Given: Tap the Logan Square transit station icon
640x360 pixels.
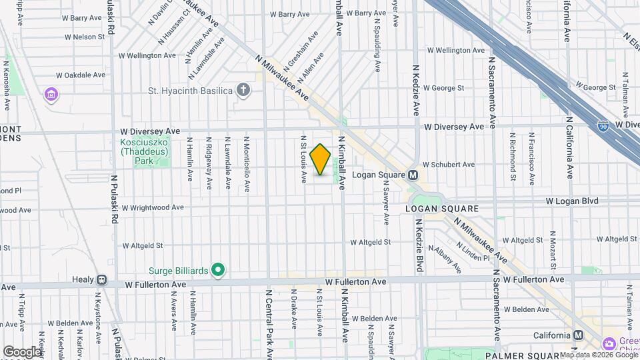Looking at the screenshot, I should point(413,175).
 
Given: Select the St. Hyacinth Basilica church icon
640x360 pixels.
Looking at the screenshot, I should point(244,90).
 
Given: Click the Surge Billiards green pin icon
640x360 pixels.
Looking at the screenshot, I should point(217,270).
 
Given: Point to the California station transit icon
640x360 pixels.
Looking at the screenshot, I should point(578,335).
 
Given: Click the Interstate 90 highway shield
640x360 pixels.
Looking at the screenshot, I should point(603,125).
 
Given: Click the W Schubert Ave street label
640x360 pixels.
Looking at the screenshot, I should point(449,164).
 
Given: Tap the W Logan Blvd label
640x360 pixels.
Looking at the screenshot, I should point(572,201).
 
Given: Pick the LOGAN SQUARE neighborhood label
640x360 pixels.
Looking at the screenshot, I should point(441,209).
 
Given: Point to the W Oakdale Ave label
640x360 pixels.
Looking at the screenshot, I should point(81,75).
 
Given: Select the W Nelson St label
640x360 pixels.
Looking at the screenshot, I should point(80,37).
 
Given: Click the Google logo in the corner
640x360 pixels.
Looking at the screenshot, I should point(21,351).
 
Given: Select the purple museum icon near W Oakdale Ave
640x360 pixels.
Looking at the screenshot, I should point(51,95).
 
